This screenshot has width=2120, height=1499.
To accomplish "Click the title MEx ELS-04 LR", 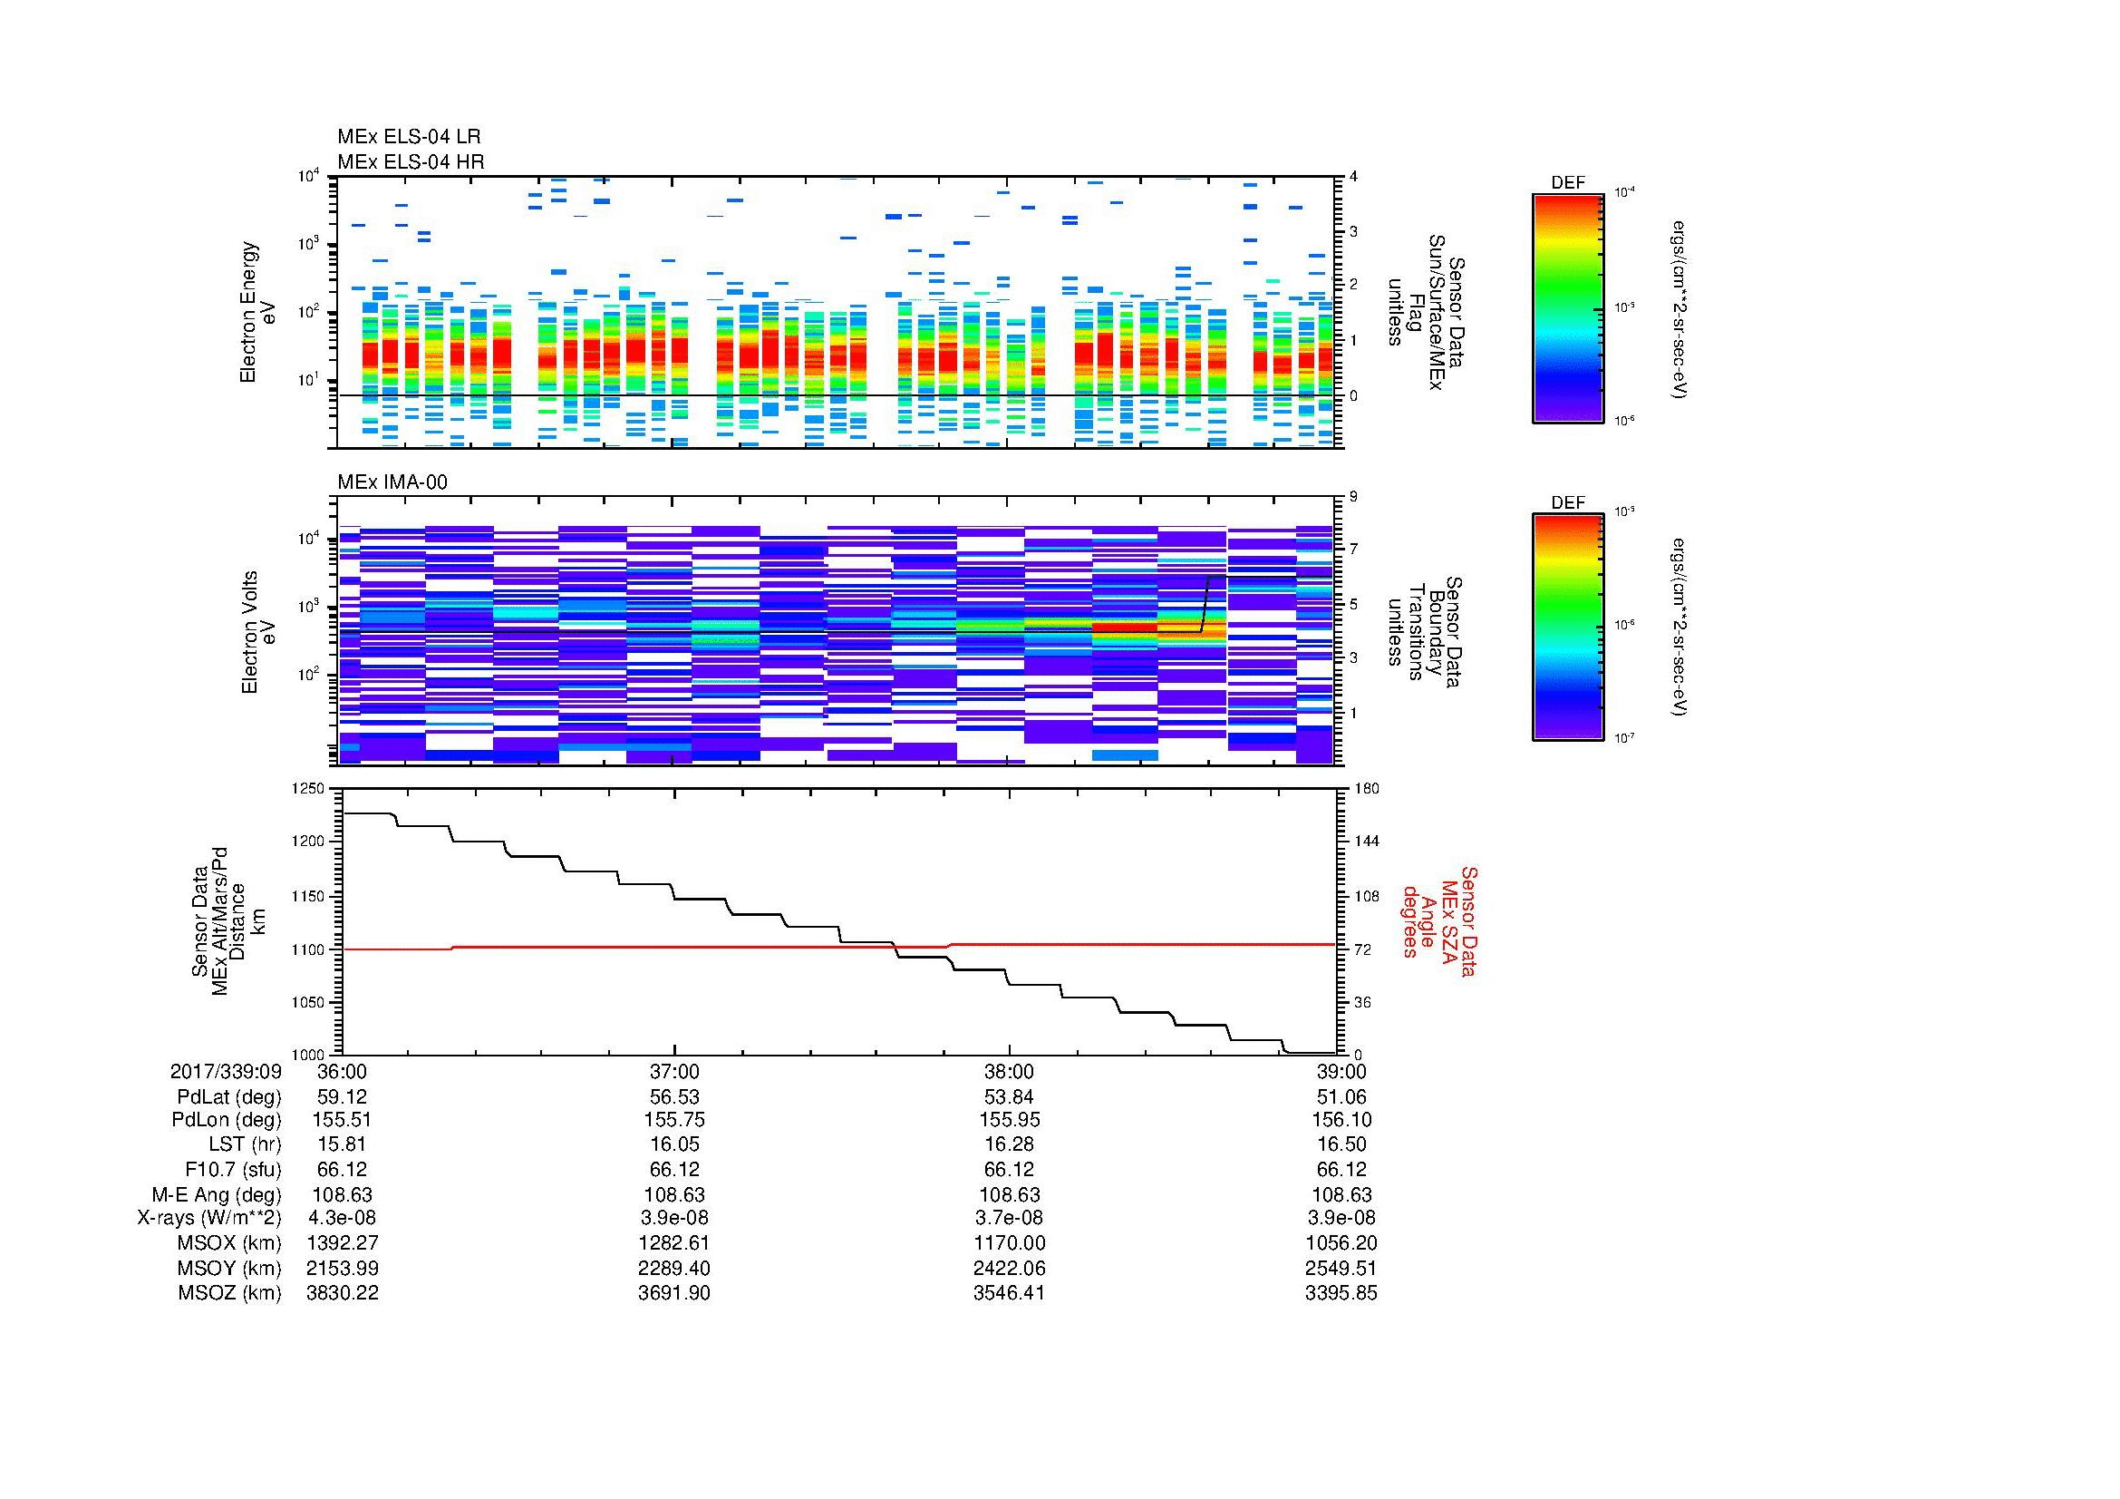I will click(x=409, y=137).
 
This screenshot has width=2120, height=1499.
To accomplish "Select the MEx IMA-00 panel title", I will click(x=392, y=482).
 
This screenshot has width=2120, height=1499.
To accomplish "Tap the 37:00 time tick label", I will click(x=674, y=1072).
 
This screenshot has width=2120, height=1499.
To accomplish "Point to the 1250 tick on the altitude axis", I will click(x=309, y=789).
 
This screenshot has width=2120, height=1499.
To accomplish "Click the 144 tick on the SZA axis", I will click(x=1367, y=842).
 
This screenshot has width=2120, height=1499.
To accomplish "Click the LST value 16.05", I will click(x=674, y=1144).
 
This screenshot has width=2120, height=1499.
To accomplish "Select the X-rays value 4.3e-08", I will click(x=342, y=1218).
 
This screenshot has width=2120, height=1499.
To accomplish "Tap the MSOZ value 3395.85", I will click(x=1341, y=1293).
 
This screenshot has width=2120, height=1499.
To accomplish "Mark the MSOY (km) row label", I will click(x=229, y=1268).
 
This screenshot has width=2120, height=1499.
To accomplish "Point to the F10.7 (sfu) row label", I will click(x=232, y=1169).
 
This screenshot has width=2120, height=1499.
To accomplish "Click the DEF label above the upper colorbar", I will click(x=1568, y=183).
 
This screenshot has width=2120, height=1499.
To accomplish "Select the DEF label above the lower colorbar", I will click(x=1568, y=503).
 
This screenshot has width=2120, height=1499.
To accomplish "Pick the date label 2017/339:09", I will click(x=226, y=1072).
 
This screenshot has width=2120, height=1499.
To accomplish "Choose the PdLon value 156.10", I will click(x=1341, y=1120).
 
